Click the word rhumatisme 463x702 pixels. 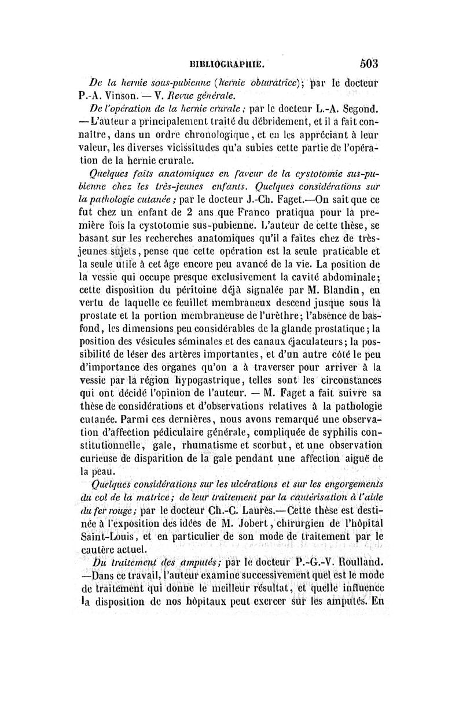(216, 444)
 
